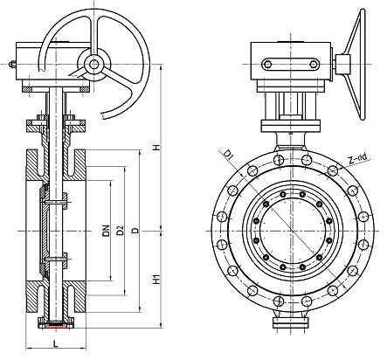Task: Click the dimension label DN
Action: [x=107, y=231]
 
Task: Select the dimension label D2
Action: [x=121, y=231]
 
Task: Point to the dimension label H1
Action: [x=157, y=280]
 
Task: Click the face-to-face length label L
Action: [x=56, y=344]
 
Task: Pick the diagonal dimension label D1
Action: [x=229, y=155]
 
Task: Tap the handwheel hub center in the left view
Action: [x=93, y=64]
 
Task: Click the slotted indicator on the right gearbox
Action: [x=291, y=65]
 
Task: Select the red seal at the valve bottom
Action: [x=56, y=324]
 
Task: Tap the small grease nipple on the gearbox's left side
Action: [x=12, y=64]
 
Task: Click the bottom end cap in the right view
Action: [x=290, y=322]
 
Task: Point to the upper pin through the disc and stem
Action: [x=55, y=202]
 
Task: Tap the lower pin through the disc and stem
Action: [x=55, y=259]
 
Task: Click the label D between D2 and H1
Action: [x=135, y=231]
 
